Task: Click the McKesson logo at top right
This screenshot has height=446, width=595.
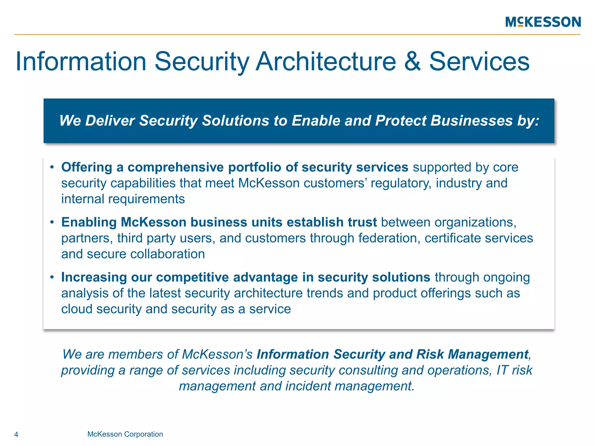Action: click(543, 22)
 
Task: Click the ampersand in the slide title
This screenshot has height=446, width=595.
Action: click(412, 62)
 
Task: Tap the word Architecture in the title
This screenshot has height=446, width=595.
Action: click(326, 62)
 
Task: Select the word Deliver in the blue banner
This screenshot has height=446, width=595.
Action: click(110, 121)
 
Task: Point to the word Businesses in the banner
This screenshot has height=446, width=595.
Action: click(471, 121)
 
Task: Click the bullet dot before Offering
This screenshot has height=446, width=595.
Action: click(52, 168)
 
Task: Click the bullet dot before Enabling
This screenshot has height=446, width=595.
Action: click(52, 222)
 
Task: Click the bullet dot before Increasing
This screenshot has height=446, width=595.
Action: click(52, 277)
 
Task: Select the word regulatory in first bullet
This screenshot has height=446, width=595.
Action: click(401, 184)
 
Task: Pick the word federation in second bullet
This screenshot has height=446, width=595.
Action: click(389, 238)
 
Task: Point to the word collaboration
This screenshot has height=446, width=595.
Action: click(168, 254)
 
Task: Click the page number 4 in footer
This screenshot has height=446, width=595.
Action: click(16, 435)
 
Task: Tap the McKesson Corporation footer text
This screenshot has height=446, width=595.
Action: click(125, 434)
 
